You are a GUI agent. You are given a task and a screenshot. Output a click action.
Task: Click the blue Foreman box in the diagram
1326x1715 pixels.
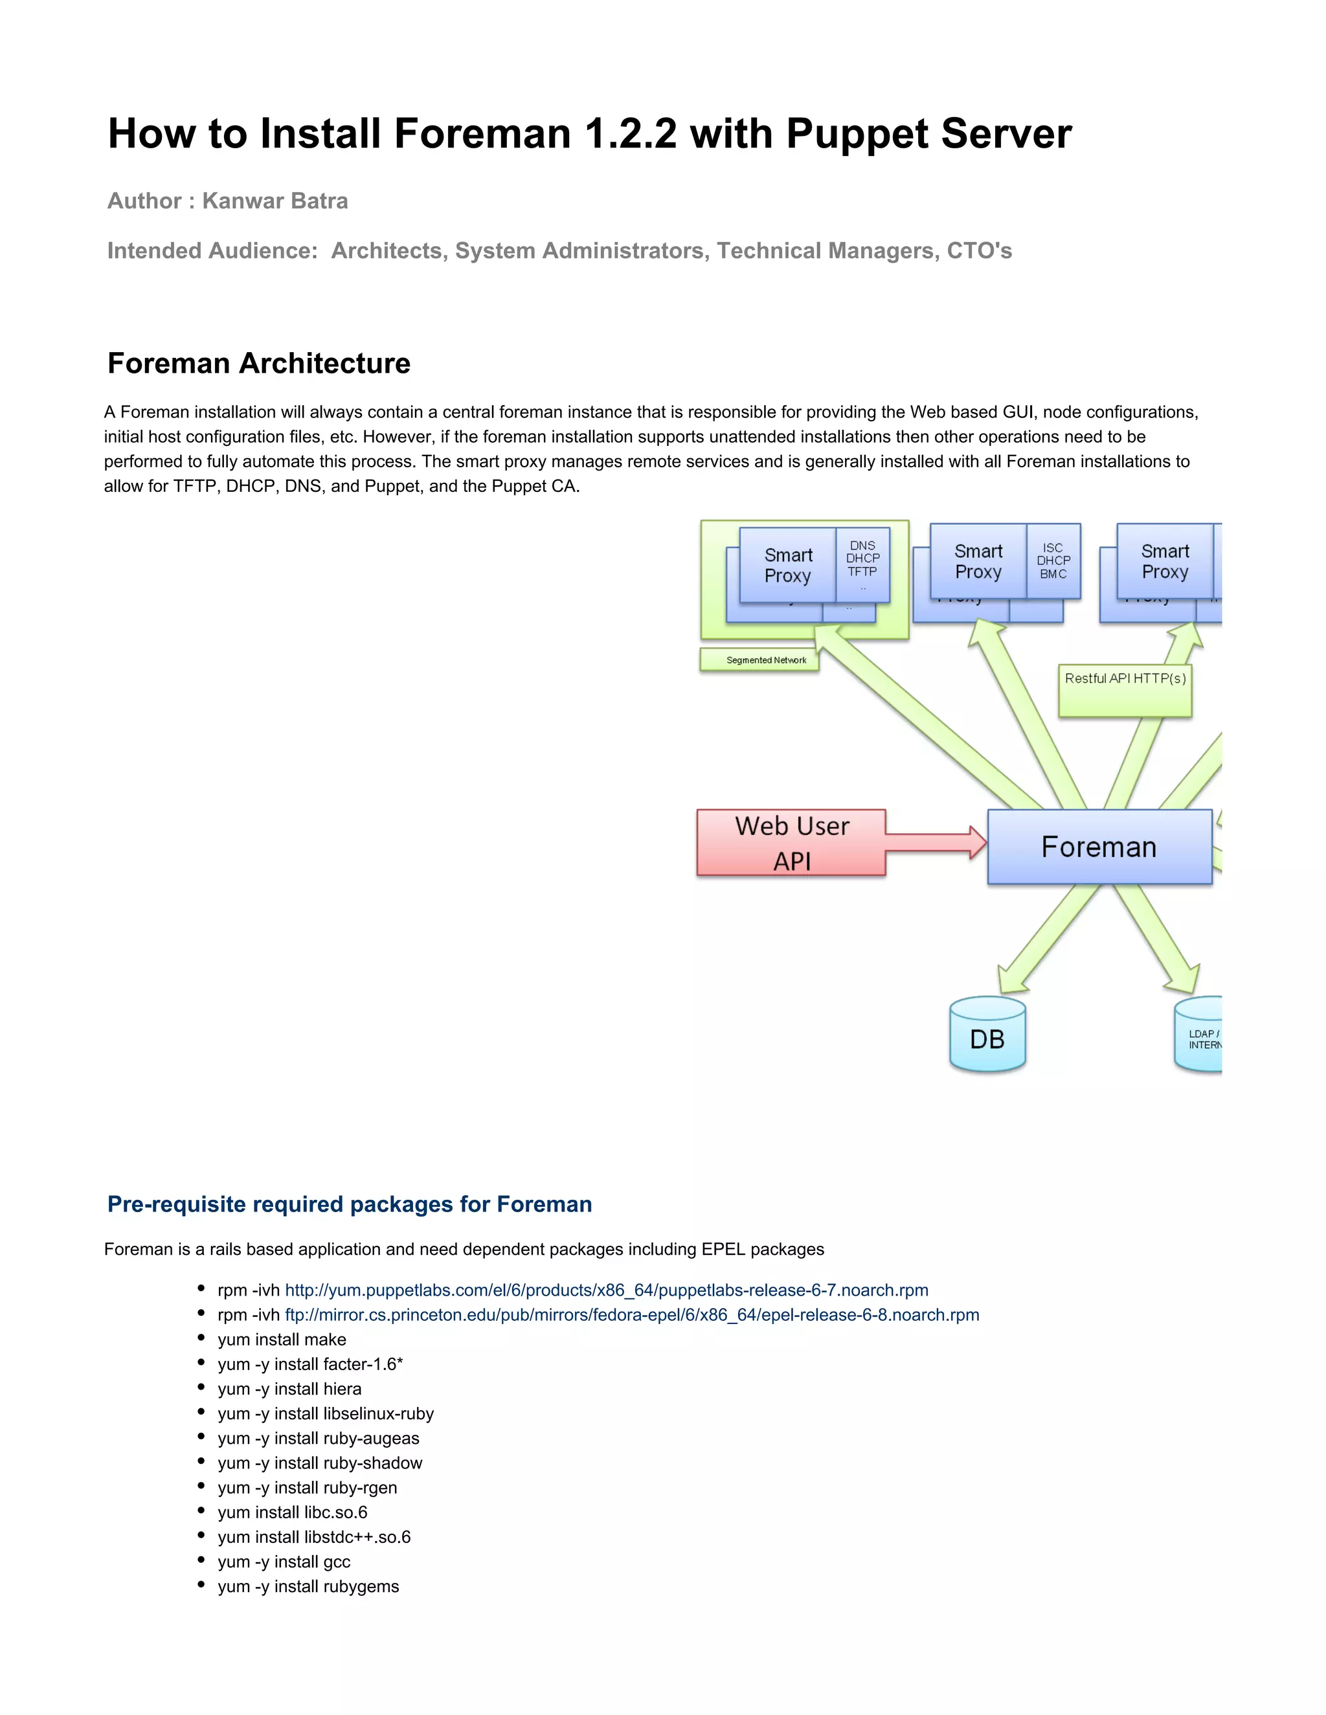tap(1099, 846)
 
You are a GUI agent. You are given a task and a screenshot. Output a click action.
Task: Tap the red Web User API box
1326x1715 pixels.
tap(791, 843)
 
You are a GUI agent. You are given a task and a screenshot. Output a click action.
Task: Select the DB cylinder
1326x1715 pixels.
tap(987, 1035)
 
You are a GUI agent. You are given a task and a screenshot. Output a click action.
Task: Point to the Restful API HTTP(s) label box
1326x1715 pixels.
tap(1125, 691)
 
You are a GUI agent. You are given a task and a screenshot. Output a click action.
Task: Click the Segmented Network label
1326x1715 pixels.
tap(759, 659)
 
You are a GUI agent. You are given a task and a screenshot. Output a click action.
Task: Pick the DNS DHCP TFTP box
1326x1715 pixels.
tap(862, 564)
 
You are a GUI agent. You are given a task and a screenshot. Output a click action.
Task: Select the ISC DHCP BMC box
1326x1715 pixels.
tap(1053, 560)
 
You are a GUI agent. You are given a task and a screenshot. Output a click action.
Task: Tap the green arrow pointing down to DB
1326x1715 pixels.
tap(1045, 942)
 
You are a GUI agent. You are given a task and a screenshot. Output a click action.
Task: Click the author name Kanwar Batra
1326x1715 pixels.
tap(275, 201)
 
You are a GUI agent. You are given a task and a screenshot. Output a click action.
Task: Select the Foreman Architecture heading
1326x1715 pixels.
tap(258, 364)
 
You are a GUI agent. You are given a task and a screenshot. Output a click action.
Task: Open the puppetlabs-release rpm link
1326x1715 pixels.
tap(605, 1290)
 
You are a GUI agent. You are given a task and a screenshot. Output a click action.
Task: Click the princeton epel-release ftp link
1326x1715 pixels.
tap(631, 1314)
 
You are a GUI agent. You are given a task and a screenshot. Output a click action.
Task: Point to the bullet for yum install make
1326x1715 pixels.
tap(202, 1339)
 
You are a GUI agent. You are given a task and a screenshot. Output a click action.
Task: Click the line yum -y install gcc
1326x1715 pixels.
tap(284, 1561)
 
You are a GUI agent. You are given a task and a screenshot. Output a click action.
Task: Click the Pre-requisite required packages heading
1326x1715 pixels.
tap(350, 1204)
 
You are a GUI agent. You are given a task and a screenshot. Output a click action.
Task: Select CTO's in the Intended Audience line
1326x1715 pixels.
tap(979, 250)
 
